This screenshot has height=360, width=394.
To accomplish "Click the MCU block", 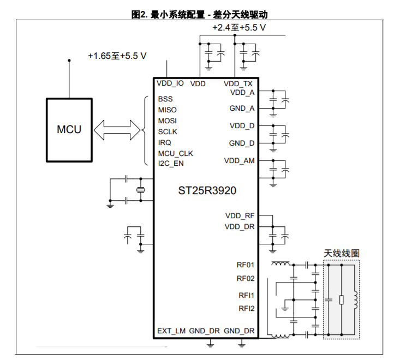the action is click(x=69, y=130).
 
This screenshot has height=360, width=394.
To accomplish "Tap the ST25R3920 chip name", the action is click(x=207, y=190).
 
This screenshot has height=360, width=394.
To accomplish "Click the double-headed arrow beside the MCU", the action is click(x=117, y=130).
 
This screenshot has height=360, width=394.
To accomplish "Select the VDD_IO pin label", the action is click(x=170, y=83).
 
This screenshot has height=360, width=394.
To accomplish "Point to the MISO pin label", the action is click(x=168, y=110).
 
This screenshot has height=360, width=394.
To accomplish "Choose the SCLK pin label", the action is click(x=168, y=131).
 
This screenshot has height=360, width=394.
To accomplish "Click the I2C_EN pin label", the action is click(x=171, y=164).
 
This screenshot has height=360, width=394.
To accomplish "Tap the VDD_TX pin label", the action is click(x=238, y=83).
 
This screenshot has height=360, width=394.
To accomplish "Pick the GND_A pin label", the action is click(x=242, y=109).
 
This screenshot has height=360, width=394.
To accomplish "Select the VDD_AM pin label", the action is click(x=239, y=161).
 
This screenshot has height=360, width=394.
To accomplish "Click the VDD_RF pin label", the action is click(x=240, y=216).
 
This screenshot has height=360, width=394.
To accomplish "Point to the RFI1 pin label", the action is click(x=246, y=295).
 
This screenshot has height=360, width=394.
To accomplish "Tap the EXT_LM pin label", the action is click(x=171, y=331).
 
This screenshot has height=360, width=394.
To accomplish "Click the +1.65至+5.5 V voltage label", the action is click(x=117, y=56).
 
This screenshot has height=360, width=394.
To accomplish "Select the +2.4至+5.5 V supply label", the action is click(x=239, y=27).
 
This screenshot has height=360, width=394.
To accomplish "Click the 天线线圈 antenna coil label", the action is click(x=342, y=253).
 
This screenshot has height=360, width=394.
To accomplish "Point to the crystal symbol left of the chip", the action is click(x=141, y=190).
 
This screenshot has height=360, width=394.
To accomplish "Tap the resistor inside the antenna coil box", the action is click(x=342, y=299).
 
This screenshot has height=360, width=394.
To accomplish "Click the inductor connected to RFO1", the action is click(x=280, y=263).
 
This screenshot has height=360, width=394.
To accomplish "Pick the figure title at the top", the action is click(x=200, y=15).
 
